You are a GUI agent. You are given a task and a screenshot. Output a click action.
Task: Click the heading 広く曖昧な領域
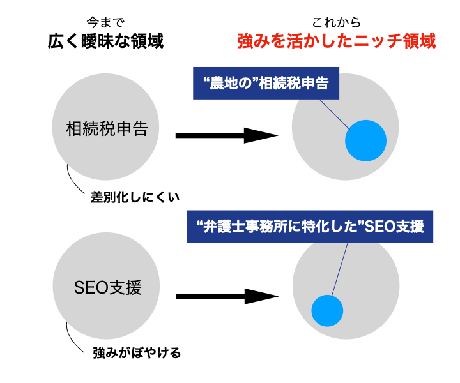coord(105,42)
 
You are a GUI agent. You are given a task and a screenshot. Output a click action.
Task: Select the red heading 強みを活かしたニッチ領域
coord(336,42)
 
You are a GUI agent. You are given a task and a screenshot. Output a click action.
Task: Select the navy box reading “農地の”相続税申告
coord(264,84)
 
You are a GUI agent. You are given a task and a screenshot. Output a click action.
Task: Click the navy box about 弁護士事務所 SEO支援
coord(310,227)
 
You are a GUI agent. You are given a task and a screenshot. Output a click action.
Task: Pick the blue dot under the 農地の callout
coord(366,141)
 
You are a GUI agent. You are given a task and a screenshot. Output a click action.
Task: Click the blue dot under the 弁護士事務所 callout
coord(328,310)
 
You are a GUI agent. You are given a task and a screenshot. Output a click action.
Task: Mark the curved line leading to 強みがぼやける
coord(72,338)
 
